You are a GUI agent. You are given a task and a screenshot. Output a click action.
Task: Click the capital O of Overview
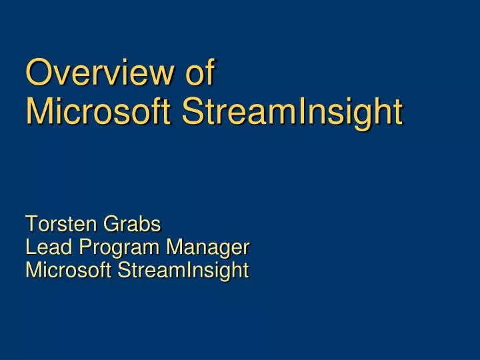point(36,73)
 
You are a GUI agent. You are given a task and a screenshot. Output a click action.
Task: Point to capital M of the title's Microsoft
point(39,112)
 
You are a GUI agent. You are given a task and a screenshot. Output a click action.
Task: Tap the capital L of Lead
point(30,247)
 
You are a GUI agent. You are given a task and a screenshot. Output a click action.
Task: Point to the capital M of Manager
point(174,247)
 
